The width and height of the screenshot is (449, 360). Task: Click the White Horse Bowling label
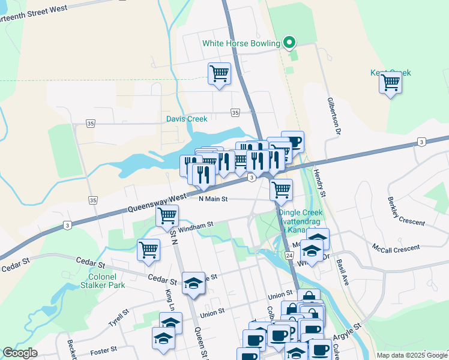241,43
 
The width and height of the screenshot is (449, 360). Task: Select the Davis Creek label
187,119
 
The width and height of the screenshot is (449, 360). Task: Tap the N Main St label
213,199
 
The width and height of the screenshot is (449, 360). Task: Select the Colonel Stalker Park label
103,281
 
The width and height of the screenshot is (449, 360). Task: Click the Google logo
19,353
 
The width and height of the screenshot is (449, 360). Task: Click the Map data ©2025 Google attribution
412,355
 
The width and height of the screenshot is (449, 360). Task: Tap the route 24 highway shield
289,256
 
